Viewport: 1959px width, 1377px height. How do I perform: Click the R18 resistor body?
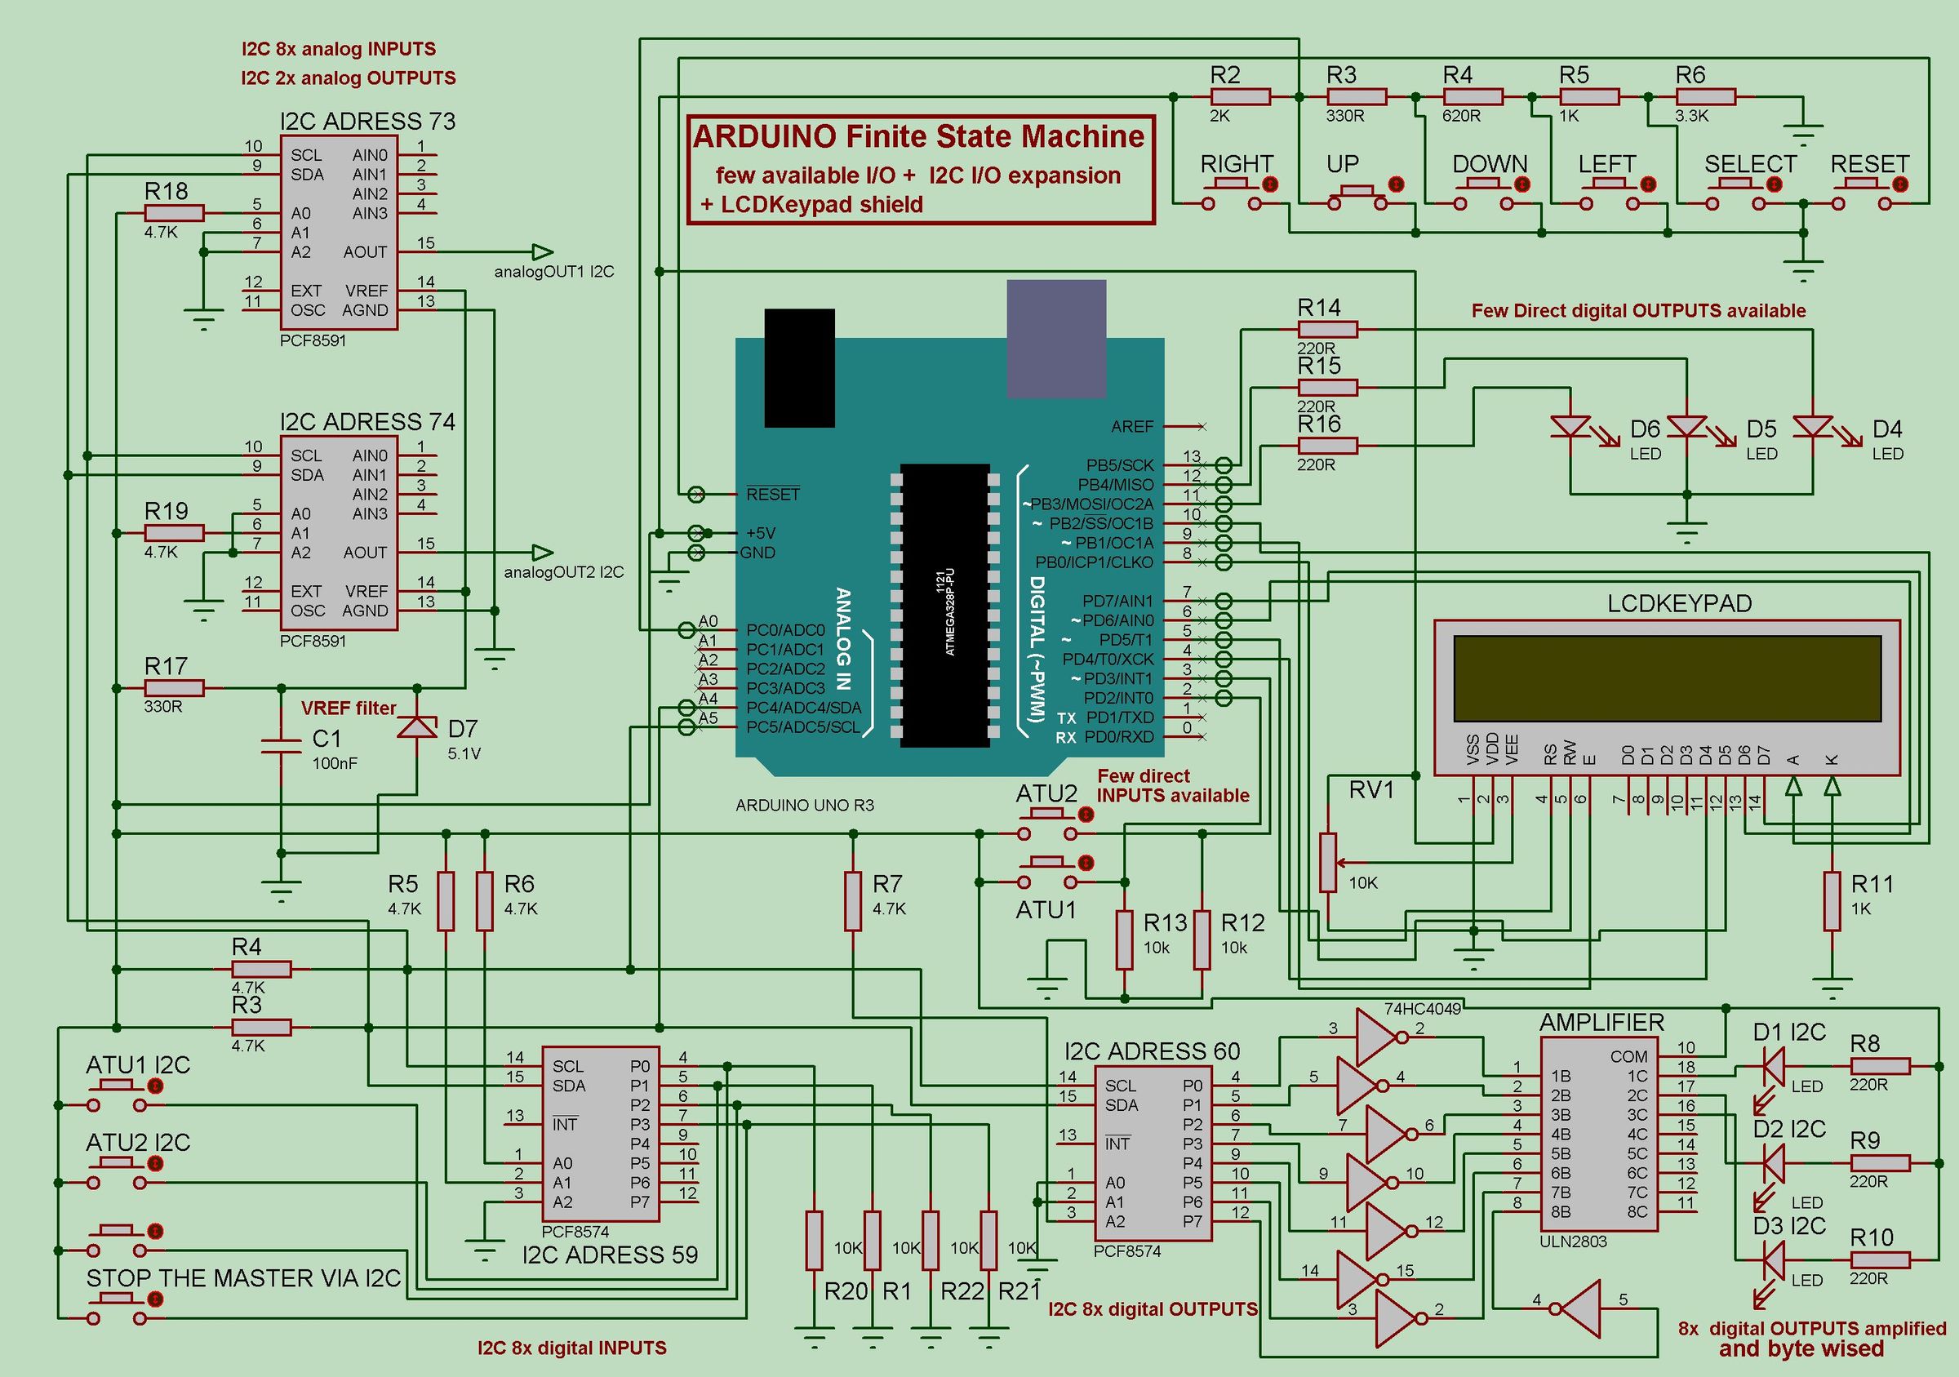point(174,213)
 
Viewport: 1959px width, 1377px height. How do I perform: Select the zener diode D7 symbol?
point(417,727)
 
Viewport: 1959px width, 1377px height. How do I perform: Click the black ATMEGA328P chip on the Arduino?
point(944,605)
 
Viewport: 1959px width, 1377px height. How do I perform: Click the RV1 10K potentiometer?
point(1327,863)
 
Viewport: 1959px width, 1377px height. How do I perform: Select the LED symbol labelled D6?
point(1570,426)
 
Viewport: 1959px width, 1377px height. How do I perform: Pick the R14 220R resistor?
point(1326,328)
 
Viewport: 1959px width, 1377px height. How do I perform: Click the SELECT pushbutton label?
point(1750,164)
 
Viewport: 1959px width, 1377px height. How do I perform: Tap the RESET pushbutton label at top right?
point(1869,164)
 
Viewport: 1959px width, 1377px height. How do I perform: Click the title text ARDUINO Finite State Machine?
point(918,137)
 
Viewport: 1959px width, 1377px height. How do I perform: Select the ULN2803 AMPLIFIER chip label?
point(1601,1022)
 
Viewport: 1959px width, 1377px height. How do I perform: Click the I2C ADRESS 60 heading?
point(1152,1051)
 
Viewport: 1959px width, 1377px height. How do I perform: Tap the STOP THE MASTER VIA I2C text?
point(243,1278)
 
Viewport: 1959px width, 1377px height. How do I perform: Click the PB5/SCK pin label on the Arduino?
point(1118,465)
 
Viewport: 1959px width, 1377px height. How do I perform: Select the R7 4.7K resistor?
point(852,901)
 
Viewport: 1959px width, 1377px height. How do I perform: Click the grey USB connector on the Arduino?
point(1055,339)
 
